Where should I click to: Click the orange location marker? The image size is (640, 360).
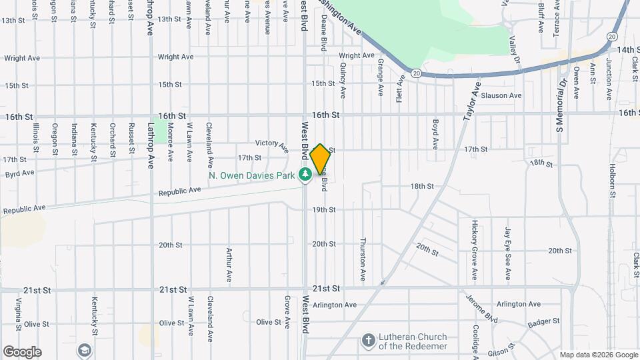click(x=320, y=159)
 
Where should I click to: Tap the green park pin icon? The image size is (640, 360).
click(x=305, y=175)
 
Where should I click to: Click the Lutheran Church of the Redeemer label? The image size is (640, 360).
click(x=415, y=341)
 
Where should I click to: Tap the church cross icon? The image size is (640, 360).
click(x=367, y=341)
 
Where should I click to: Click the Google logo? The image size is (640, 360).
click(x=22, y=352)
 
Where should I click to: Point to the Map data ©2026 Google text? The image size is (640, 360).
click(x=598, y=355)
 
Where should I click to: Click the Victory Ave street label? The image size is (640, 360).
click(x=271, y=143)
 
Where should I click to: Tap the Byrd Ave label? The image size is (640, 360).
click(x=19, y=173)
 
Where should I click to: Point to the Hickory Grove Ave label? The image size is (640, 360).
click(x=475, y=250)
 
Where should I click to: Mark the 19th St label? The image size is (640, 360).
click(x=324, y=209)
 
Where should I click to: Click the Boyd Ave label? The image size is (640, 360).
click(x=435, y=133)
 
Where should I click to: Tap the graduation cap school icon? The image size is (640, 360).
click(x=84, y=349)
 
